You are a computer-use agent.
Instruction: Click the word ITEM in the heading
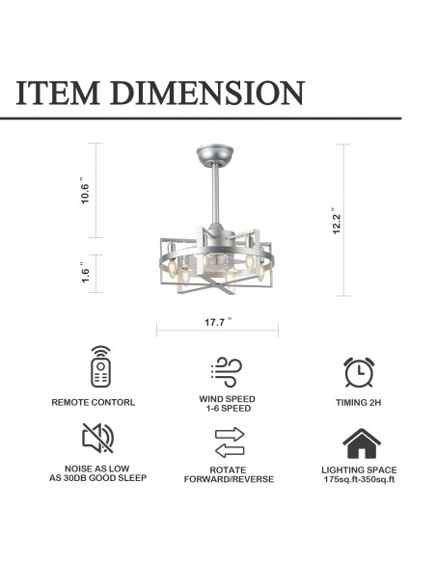point(58,93)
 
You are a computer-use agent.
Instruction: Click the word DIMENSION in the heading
point(207,93)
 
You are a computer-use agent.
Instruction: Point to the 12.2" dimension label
point(336,221)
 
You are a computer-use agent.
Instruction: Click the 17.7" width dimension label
point(218,322)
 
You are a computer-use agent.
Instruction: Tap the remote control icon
point(100,366)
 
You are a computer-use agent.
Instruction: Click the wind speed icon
point(227,372)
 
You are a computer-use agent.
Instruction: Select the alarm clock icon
point(359,372)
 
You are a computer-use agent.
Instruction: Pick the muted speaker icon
point(98,438)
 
